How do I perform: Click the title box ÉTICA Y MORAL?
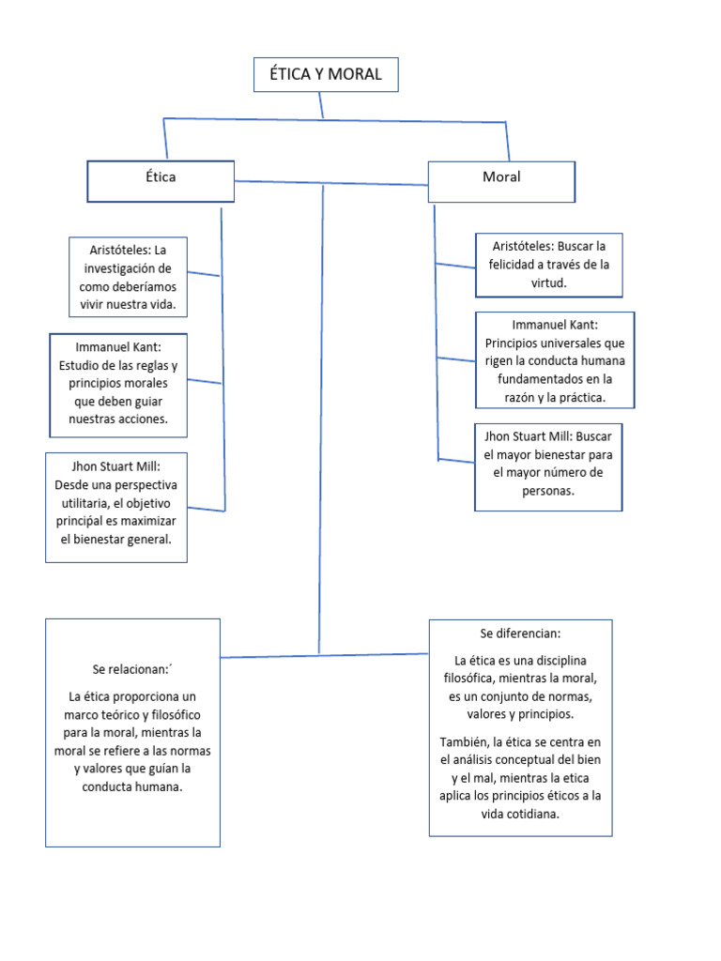pos(326,75)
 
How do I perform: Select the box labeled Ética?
pos(161,181)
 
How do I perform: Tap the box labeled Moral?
pos(501,181)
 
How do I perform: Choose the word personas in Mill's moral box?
pos(548,491)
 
